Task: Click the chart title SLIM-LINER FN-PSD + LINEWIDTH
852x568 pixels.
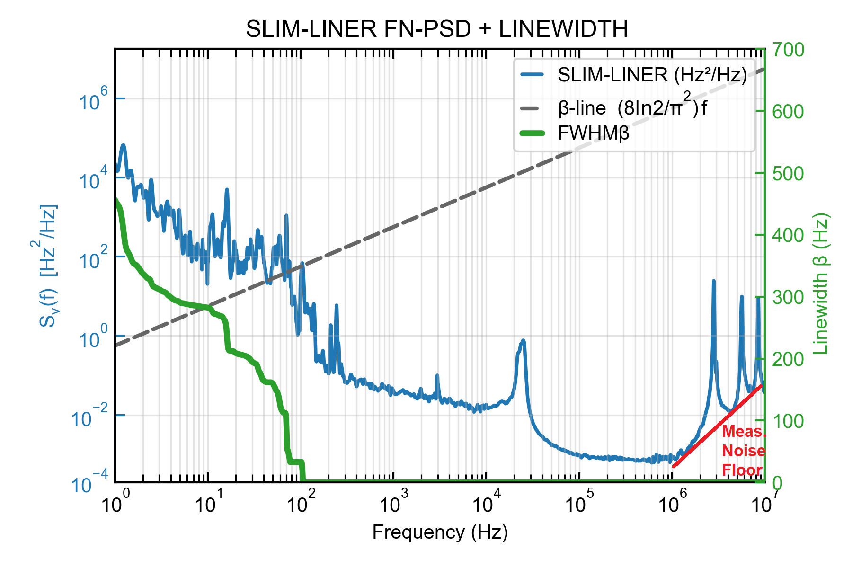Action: pos(436,29)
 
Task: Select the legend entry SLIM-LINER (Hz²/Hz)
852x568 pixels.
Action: pos(652,75)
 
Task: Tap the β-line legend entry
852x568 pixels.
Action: pos(632,108)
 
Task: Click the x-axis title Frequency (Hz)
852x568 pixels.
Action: pos(440,532)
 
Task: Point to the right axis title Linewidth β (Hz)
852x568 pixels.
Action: pos(821,284)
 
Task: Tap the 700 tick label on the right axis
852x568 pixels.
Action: pos(788,50)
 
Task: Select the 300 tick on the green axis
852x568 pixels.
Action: pos(788,297)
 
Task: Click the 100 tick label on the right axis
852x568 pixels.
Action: pos(788,421)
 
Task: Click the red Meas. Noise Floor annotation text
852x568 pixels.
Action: pos(743,451)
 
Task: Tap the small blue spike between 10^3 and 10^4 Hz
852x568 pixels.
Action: pos(437,376)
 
